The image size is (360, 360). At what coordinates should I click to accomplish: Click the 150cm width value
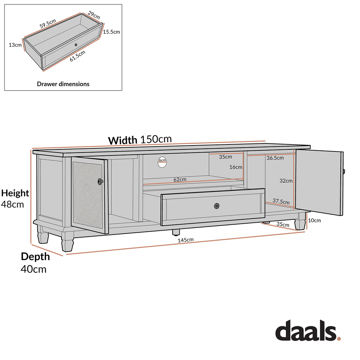(156, 139)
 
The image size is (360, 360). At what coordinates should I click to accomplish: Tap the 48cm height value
(13, 204)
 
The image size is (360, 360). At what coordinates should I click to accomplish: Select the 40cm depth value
(33, 269)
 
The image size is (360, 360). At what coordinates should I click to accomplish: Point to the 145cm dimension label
(186, 240)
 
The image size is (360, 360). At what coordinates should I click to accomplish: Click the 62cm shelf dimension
(180, 179)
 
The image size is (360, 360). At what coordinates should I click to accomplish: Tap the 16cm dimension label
(236, 167)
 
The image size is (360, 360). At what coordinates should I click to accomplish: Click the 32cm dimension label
(286, 181)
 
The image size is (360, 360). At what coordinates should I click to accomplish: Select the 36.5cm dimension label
(275, 158)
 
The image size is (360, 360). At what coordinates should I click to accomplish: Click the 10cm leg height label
(314, 221)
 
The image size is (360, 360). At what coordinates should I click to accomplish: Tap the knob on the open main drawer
(217, 206)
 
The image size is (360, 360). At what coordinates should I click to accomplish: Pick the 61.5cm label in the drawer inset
(77, 56)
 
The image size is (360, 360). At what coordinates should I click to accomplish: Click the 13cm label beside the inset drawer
(15, 45)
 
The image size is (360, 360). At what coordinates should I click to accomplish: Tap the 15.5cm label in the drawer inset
(112, 32)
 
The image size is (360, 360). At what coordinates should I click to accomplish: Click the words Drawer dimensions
(63, 84)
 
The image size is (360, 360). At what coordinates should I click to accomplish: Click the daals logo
(308, 332)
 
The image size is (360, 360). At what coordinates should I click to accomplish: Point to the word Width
(122, 140)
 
